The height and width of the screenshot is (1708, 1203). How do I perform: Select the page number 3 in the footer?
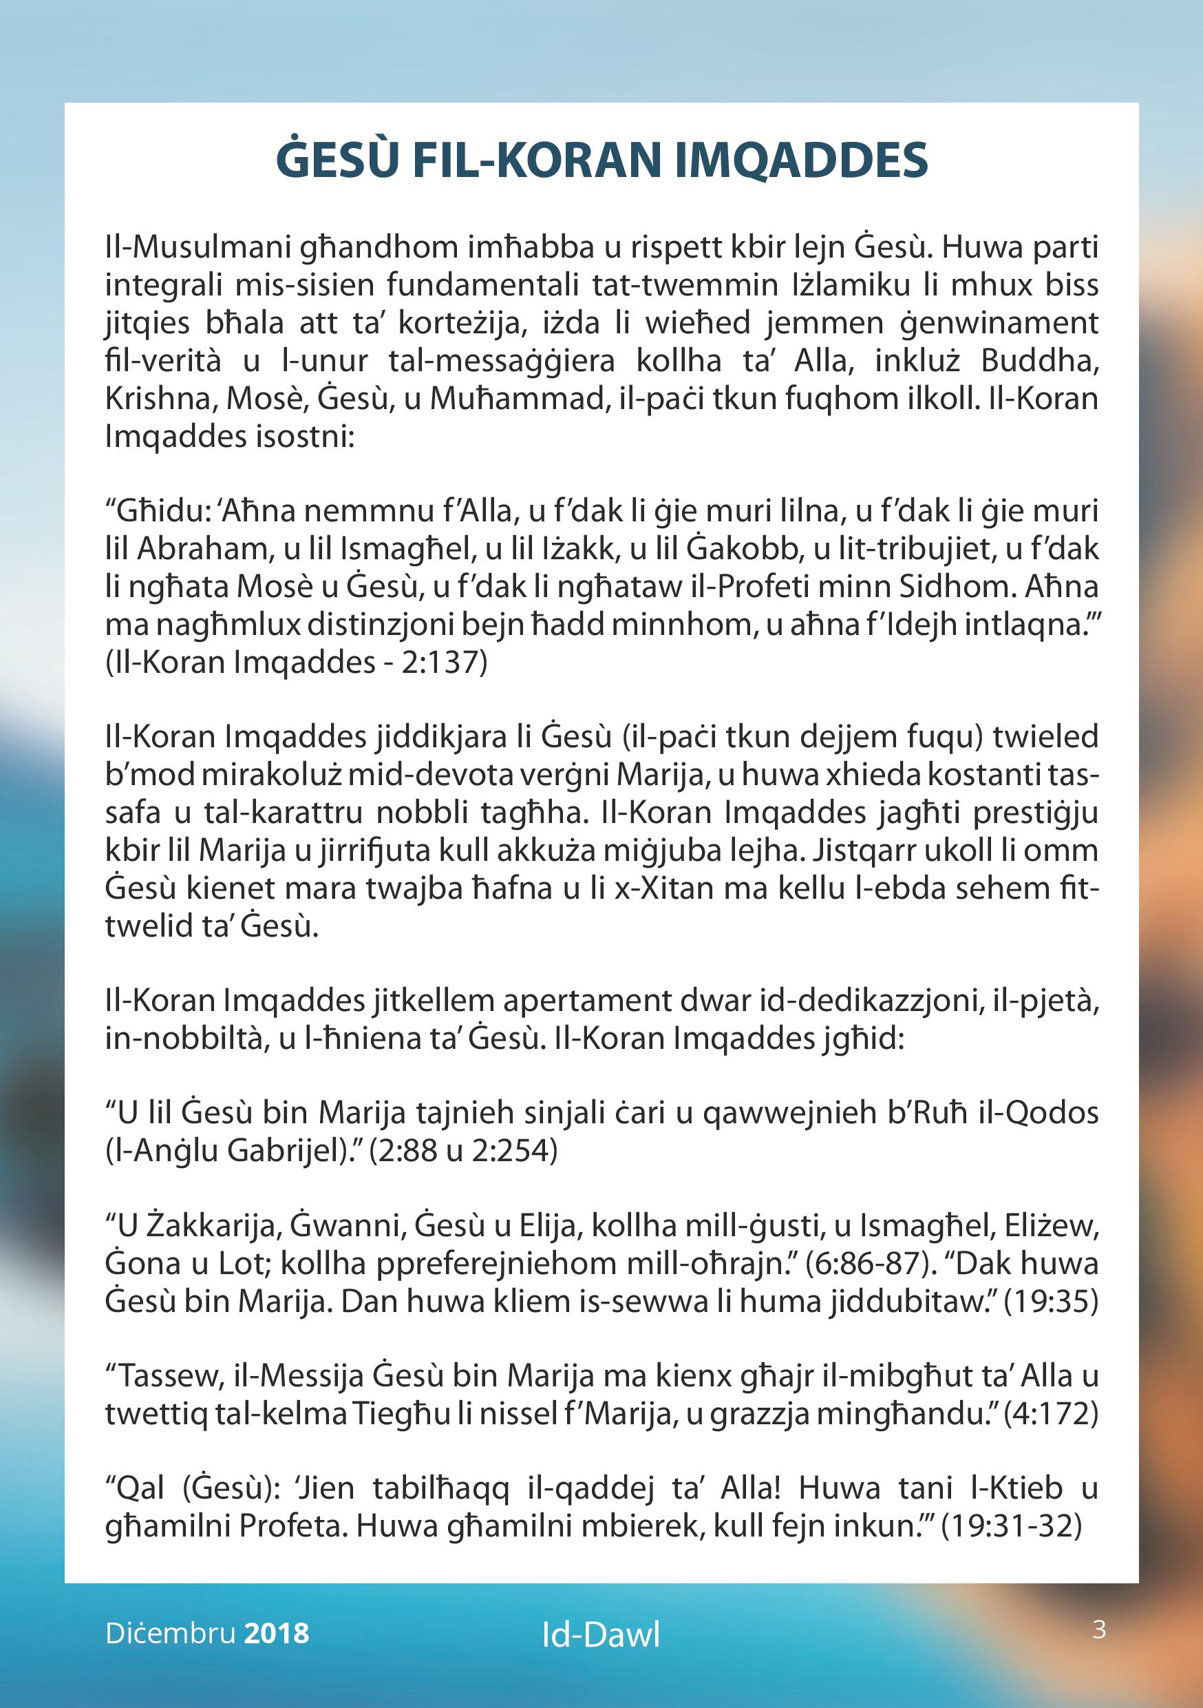[1099, 1629]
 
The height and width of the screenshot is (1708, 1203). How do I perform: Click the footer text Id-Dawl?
[601, 1634]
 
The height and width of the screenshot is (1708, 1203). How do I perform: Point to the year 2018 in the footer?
[276, 1633]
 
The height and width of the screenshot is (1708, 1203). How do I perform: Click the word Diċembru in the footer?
[170, 1633]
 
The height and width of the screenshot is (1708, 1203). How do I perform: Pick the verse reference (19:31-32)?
[1010, 1525]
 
